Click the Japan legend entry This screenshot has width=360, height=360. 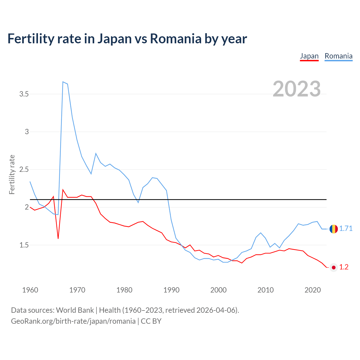309,56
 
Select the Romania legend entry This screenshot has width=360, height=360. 338,56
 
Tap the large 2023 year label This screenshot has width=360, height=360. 297,89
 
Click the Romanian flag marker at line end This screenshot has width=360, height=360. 334,229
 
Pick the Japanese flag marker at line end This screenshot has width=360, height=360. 334,267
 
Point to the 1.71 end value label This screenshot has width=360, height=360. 346,229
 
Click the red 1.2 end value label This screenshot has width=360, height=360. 344,267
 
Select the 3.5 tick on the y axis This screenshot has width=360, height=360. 24,94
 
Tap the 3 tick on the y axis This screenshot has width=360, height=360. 27,132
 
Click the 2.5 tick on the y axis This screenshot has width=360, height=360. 24,170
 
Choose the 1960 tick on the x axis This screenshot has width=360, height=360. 30,290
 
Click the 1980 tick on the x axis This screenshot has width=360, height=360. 124,290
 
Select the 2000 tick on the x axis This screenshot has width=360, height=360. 219,290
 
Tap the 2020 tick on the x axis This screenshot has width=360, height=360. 312,290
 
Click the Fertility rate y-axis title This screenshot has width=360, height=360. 12,174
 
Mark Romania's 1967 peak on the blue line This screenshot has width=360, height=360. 63,82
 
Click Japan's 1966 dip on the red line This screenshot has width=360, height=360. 58,238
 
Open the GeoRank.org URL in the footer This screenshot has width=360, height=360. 73,321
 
